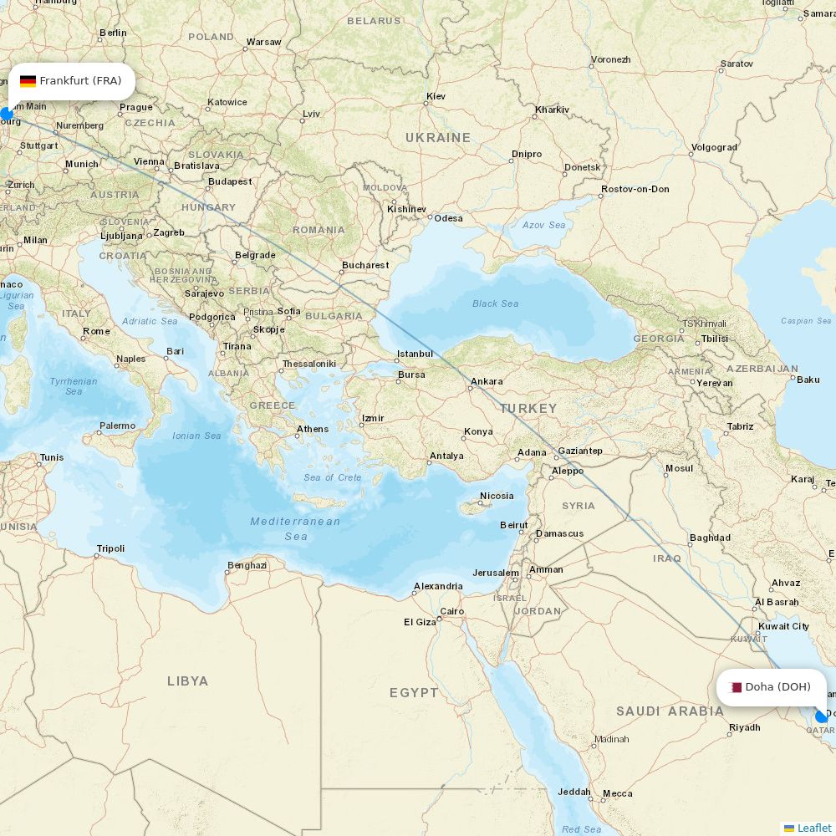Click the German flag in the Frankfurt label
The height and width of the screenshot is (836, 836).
point(28,81)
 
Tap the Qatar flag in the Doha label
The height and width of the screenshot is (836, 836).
point(736,687)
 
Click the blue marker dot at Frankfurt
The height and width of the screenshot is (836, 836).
point(7,114)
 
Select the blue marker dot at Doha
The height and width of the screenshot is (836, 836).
point(821,716)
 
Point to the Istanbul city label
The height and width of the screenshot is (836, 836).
point(415,354)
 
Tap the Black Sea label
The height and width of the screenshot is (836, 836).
point(495,303)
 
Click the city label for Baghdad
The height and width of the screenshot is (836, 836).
point(711,538)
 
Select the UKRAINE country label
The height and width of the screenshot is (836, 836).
point(438,137)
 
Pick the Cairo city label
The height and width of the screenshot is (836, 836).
point(451,611)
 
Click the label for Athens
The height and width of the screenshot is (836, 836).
point(313,429)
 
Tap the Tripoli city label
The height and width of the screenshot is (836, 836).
point(110,548)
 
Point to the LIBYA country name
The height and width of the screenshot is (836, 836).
point(187,681)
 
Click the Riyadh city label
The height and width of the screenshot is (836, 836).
point(744,727)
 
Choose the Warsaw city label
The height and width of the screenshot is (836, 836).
point(263,42)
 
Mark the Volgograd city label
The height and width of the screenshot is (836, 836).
point(714,147)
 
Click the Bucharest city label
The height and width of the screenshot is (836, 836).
point(365,265)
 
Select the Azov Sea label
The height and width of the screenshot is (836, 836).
point(543,225)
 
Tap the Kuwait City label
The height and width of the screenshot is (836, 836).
point(783,625)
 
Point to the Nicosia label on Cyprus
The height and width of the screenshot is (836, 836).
point(497,496)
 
